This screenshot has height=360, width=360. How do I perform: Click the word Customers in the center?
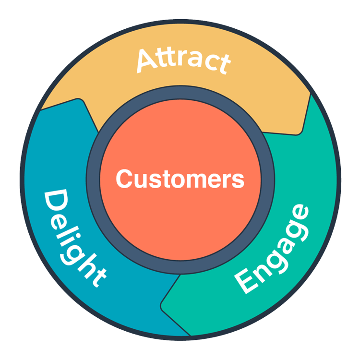tap(180, 180)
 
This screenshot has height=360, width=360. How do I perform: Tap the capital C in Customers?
tap(124, 180)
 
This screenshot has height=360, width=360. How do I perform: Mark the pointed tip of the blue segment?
tap(79, 100)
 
